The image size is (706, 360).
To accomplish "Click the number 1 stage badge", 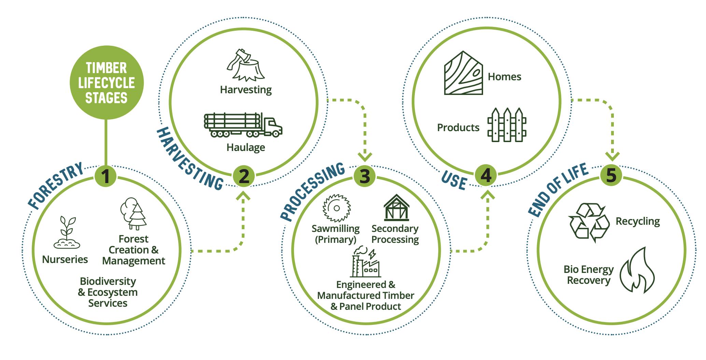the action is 106,177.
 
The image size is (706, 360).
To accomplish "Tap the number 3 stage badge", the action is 365,177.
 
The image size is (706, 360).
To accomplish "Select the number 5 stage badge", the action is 611,175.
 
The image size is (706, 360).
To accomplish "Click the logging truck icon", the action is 243,125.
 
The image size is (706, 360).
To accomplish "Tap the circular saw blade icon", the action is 337,208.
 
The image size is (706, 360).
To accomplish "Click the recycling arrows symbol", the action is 589,222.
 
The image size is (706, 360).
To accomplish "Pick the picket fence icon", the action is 507,125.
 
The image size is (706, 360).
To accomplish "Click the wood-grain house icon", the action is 463,73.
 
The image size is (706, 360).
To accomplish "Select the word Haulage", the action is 246,148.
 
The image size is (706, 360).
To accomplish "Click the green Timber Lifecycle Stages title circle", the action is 107,83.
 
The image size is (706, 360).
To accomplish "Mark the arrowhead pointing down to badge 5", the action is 612,156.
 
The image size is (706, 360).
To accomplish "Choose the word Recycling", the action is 638,222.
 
